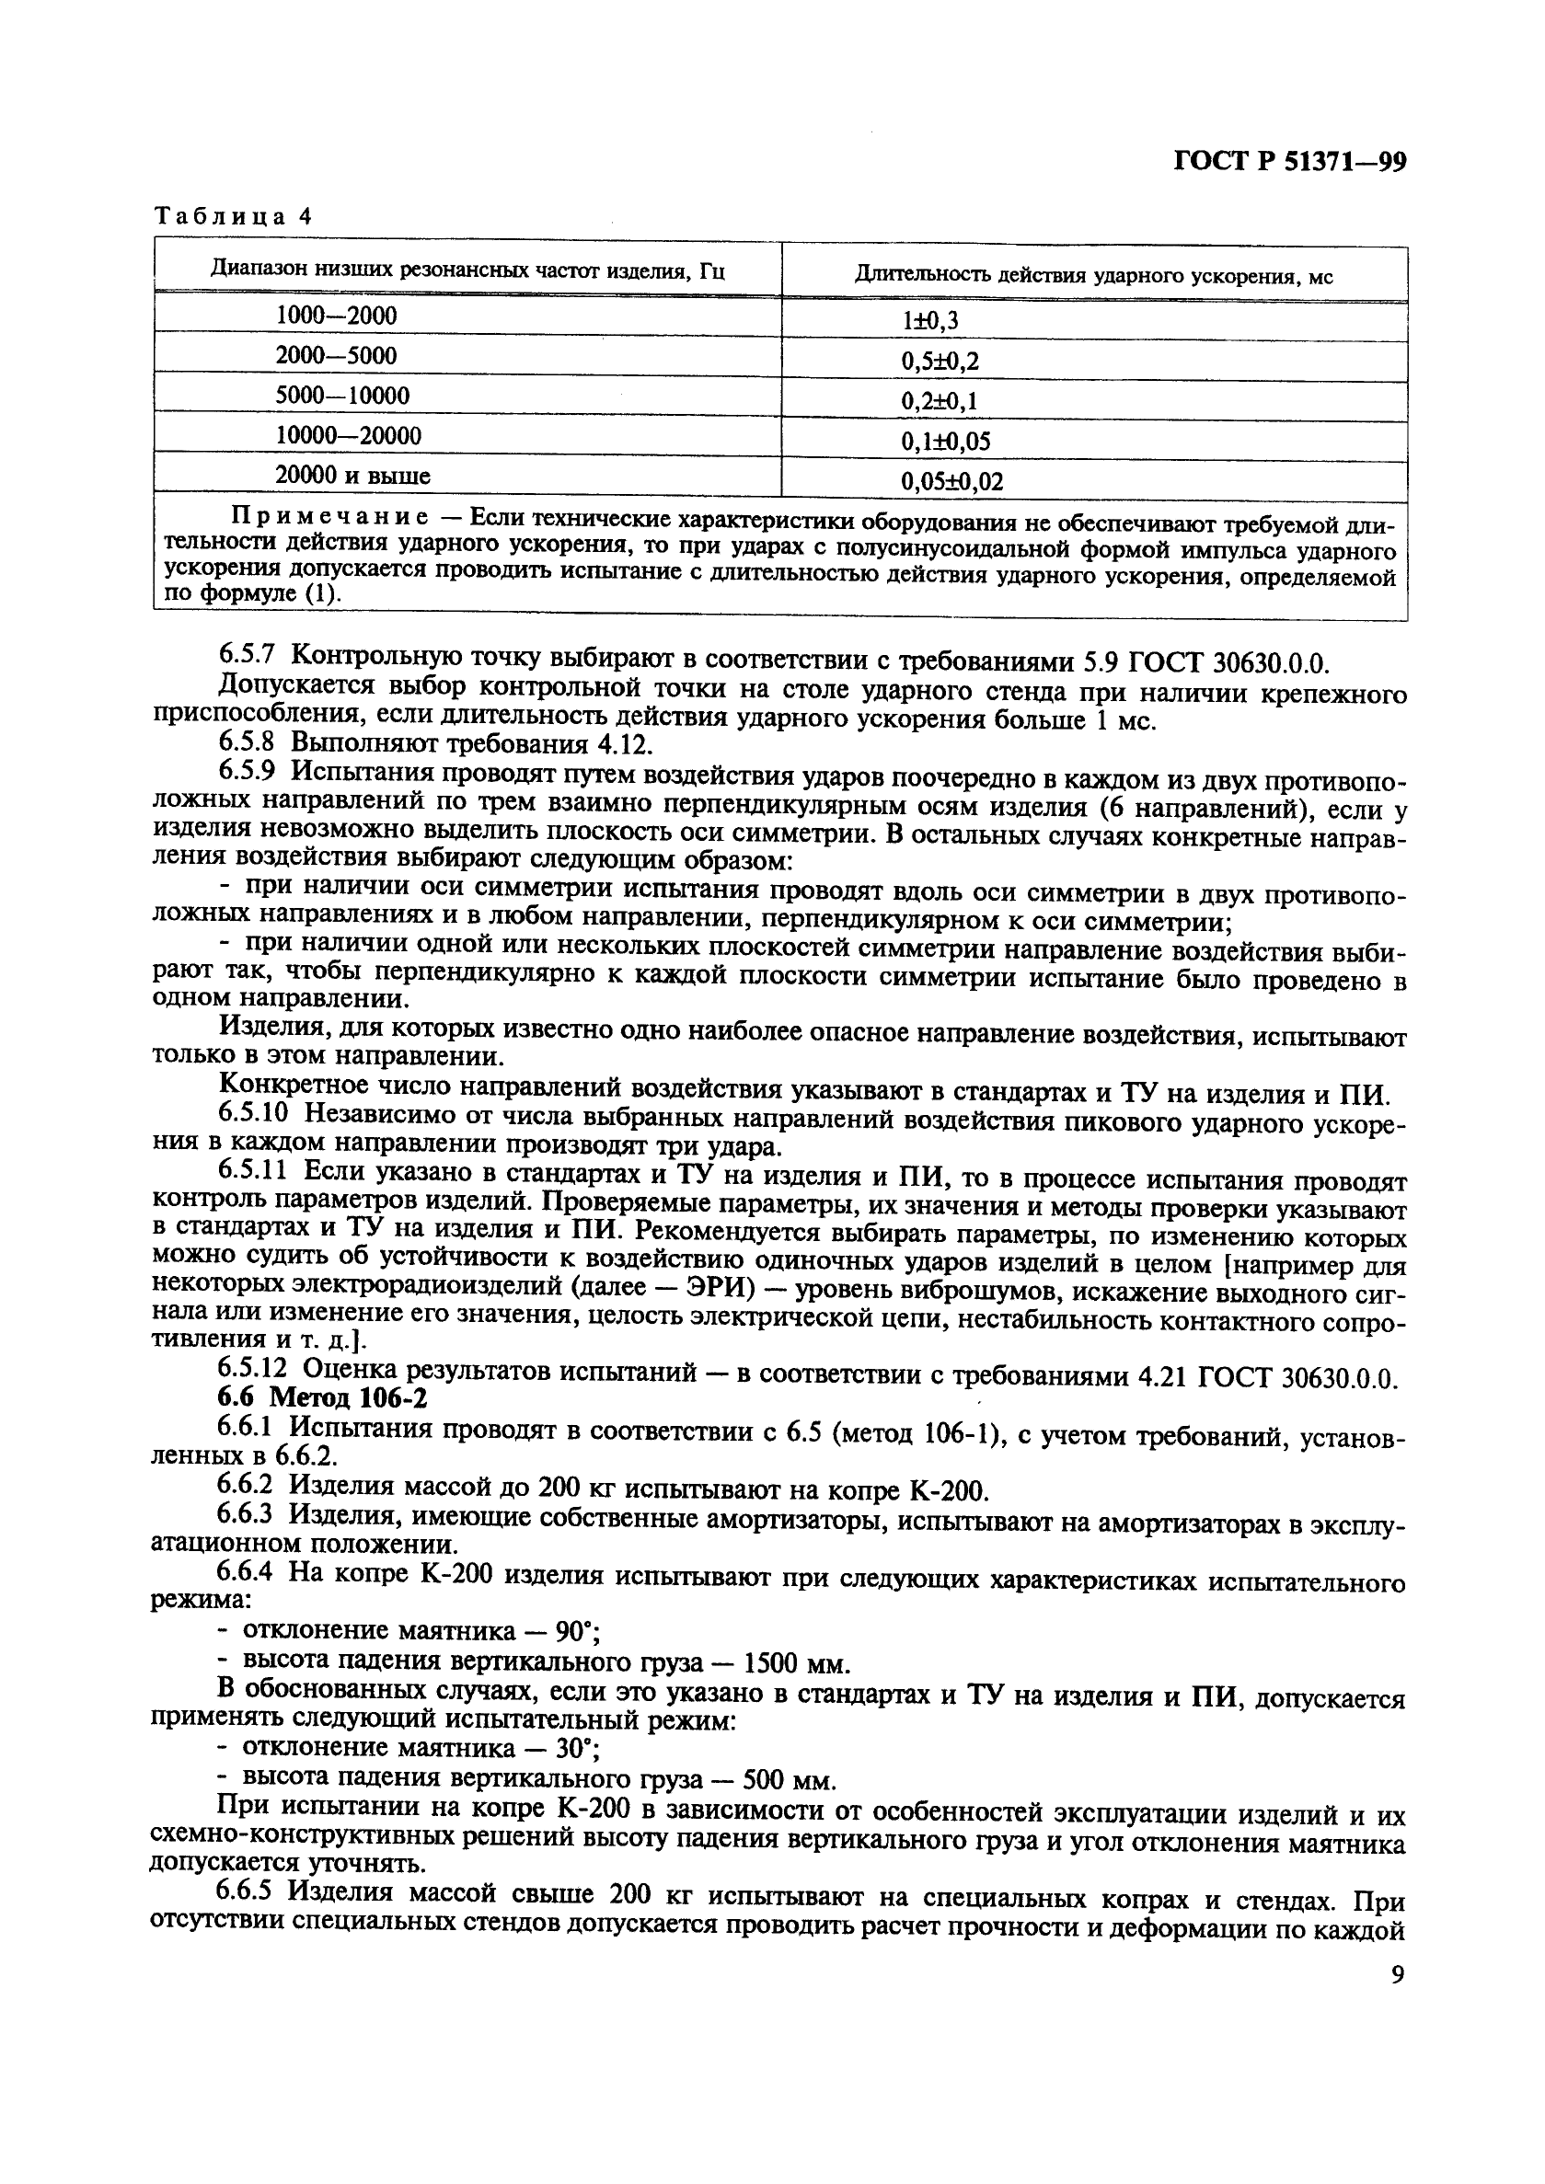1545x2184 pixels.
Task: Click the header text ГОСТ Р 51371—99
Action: click(x=1289, y=163)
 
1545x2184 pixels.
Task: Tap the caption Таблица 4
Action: click(x=234, y=216)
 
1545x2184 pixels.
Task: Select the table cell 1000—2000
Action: click(x=337, y=316)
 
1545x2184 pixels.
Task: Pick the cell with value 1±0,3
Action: click(x=929, y=321)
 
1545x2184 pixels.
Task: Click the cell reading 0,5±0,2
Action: click(x=939, y=362)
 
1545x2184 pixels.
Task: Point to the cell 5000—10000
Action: click(x=342, y=396)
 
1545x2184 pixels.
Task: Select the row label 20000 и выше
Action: click(x=352, y=476)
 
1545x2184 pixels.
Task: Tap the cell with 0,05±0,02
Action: click(x=951, y=482)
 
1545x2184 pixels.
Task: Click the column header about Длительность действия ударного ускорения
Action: click(x=1093, y=277)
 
